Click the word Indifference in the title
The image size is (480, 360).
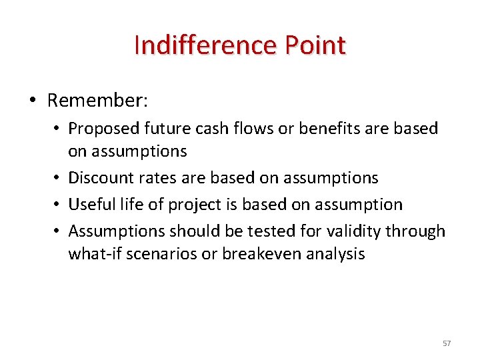pyautogui.click(x=205, y=45)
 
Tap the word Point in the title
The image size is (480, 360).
pyautogui.click(x=315, y=45)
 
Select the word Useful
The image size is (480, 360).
pyautogui.click(x=89, y=205)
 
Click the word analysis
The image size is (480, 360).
pyautogui.click(x=336, y=254)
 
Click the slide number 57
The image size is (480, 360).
pyautogui.click(x=447, y=343)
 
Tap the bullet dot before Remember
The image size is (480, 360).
pyautogui.click(x=33, y=101)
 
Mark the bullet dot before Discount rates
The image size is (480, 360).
pyautogui.click(x=58, y=178)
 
